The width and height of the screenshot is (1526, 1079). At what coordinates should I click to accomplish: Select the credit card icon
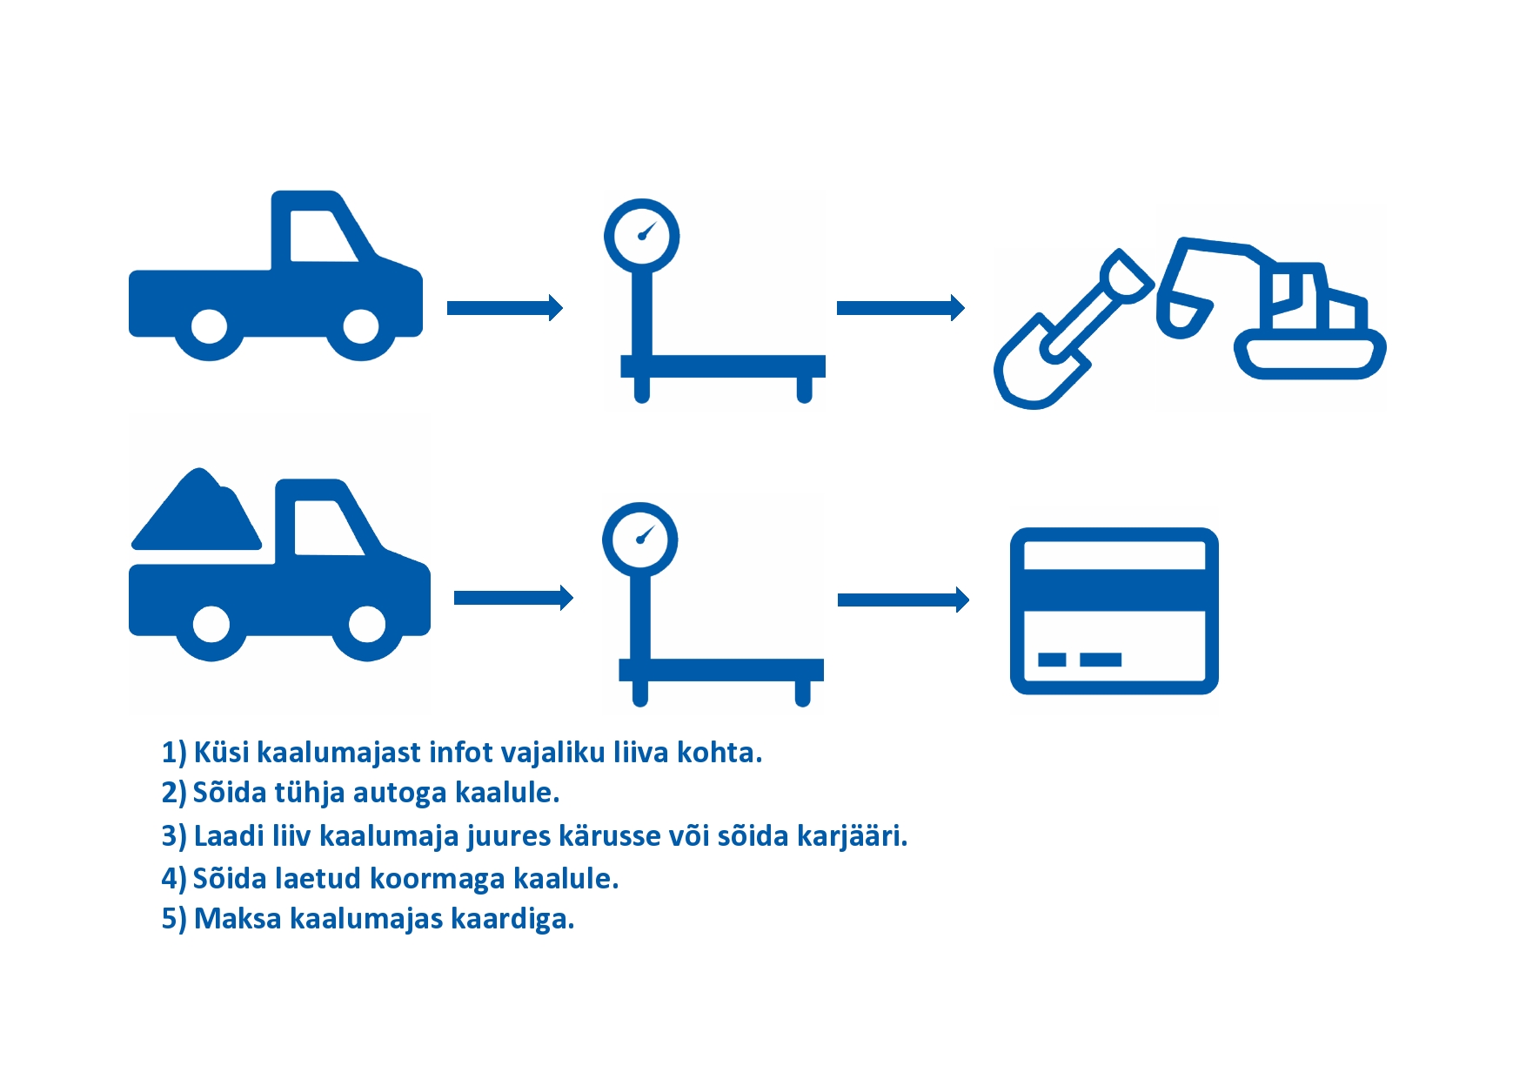coord(1114,611)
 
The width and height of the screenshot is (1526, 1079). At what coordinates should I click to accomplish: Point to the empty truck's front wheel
coord(360,327)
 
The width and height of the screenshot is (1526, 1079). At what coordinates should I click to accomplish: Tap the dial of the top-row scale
coord(642,236)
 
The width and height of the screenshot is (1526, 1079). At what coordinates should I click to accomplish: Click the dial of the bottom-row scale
coord(640,539)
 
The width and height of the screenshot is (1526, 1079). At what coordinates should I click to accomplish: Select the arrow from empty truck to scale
coord(505,308)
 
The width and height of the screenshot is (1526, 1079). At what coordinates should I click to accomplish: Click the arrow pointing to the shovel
coord(900,307)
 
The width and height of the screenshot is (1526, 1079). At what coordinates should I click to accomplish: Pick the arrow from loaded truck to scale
coord(513,598)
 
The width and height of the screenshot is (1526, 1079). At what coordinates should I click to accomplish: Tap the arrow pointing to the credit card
coord(903,600)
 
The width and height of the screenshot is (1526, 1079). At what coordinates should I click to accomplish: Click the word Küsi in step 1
coord(221,753)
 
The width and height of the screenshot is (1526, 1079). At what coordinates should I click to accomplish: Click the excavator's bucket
coord(1183,315)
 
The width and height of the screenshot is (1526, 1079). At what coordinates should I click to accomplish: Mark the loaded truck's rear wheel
coord(211,623)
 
